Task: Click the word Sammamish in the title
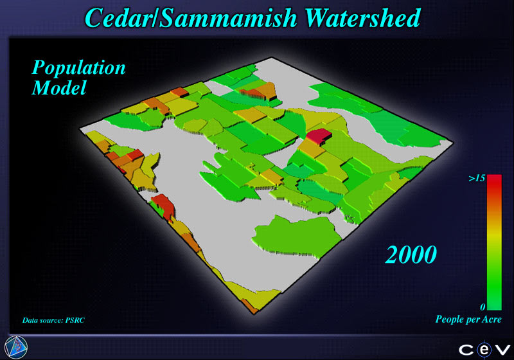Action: (228, 18)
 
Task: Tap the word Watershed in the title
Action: (362, 18)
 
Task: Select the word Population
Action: (78, 68)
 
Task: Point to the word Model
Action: (59, 88)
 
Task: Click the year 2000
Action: (411, 255)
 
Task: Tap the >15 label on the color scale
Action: (477, 178)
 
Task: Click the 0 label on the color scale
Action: (483, 307)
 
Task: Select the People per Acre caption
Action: (468, 319)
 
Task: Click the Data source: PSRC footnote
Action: (53, 320)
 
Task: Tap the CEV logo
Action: (484, 350)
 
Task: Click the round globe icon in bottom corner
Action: (16, 347)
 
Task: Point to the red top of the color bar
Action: (494, 183)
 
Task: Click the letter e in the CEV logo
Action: (484, 350)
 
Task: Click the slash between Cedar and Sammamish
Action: (155, 18)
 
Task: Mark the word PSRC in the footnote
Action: (75, 320)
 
